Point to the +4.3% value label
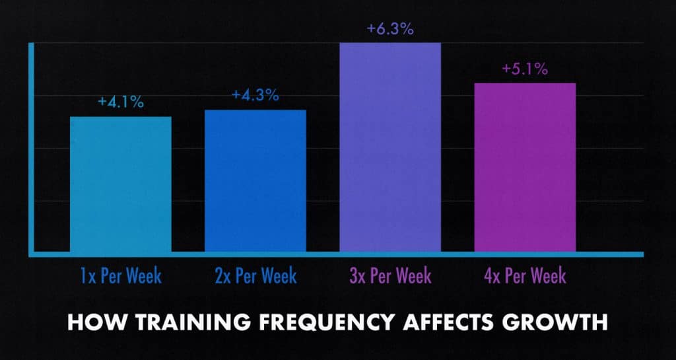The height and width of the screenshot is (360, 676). pyautogui.click(x=255, y=95)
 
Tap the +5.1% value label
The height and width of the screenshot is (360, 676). pyautogui.click(x=524, y=69)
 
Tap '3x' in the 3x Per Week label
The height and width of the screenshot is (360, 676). pyautogui.click(x=357, y=275)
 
